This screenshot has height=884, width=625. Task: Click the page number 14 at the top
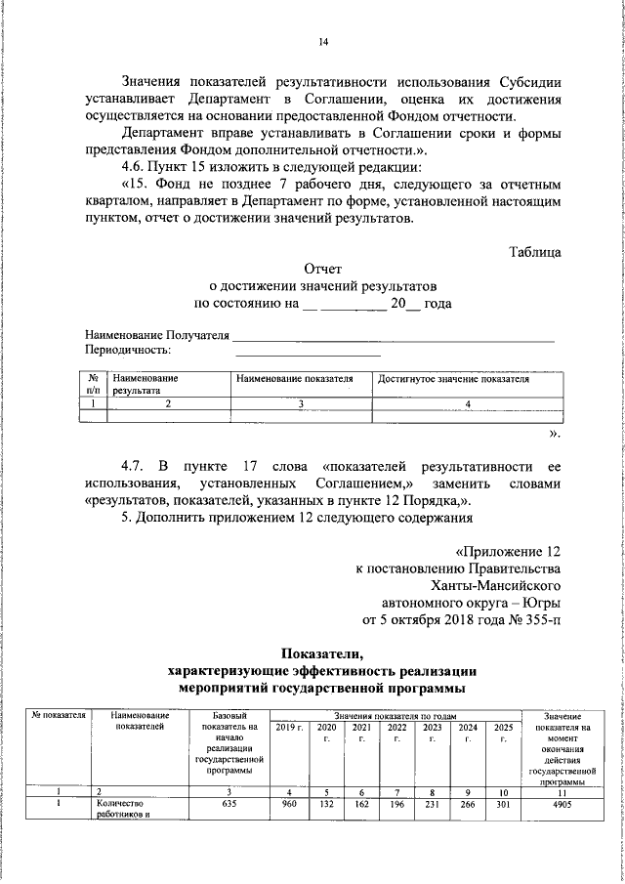(x=323, y=41)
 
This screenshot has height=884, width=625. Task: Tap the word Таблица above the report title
(x=534, y=252)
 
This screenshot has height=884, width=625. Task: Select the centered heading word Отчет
(x=323, y=269)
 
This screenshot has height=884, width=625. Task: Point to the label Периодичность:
(x=128, y=350)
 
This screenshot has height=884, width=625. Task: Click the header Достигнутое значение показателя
(x=453, y=379)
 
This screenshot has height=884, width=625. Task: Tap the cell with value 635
(x=229, y=805)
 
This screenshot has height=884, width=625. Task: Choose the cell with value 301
(x=502, y=805)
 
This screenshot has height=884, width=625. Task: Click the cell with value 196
(x=396, y=805)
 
